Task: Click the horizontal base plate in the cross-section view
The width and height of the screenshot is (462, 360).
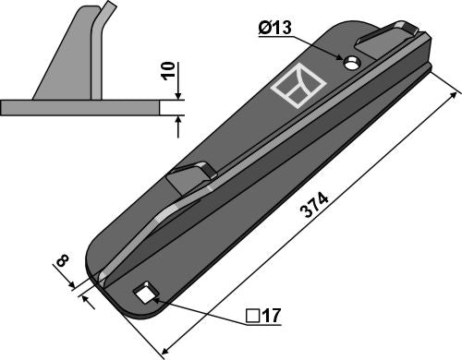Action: pos(83,108)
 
